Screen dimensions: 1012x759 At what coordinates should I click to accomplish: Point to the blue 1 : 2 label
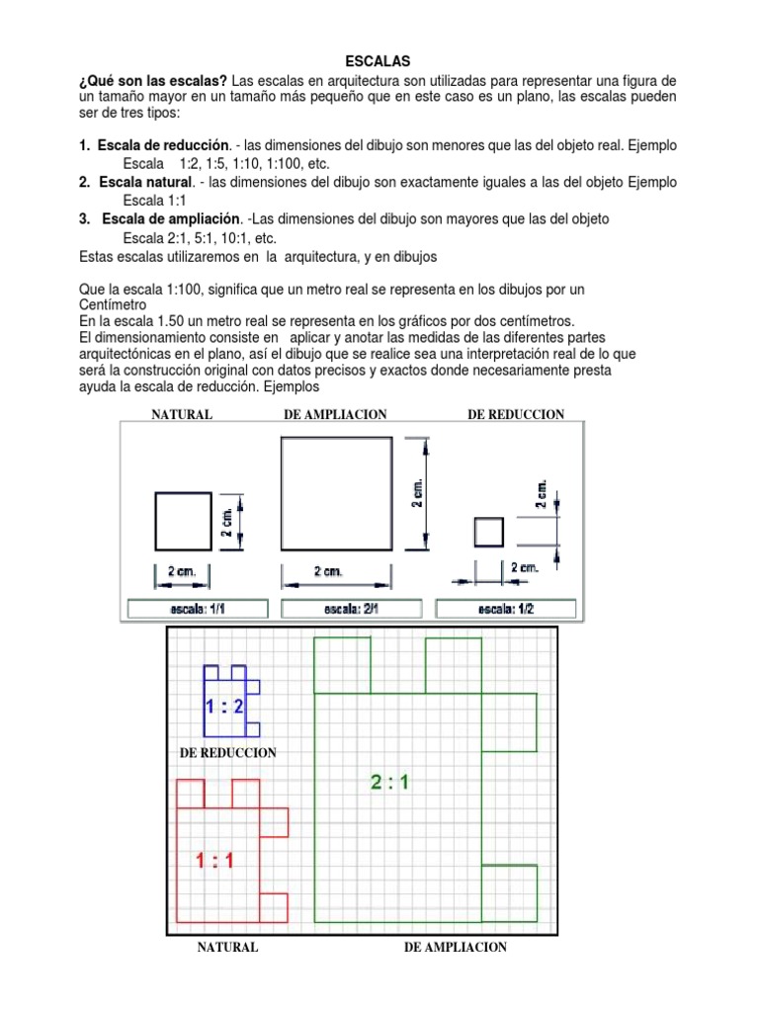[x=224, y=707]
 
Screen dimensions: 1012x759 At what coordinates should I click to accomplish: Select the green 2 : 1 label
[x=390, y=783]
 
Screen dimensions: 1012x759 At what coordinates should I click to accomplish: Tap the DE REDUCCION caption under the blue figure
[x=227, y=753]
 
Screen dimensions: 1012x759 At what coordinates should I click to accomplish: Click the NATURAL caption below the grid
[x=227, y=947]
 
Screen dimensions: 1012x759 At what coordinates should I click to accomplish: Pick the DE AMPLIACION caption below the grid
[x=456, y=947]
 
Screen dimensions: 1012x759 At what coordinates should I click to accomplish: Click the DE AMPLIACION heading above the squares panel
[x=334, y=414]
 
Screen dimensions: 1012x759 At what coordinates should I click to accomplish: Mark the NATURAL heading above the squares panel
[x=181, y=414]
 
